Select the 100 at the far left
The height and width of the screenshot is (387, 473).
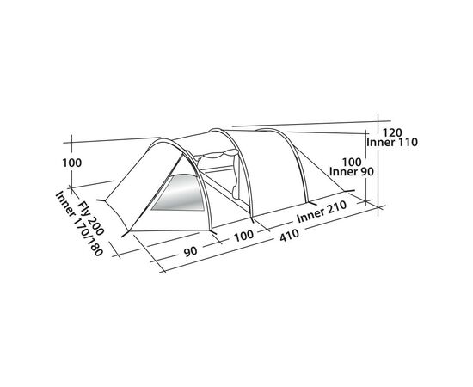pyautogui.click(x=71, y=163)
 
